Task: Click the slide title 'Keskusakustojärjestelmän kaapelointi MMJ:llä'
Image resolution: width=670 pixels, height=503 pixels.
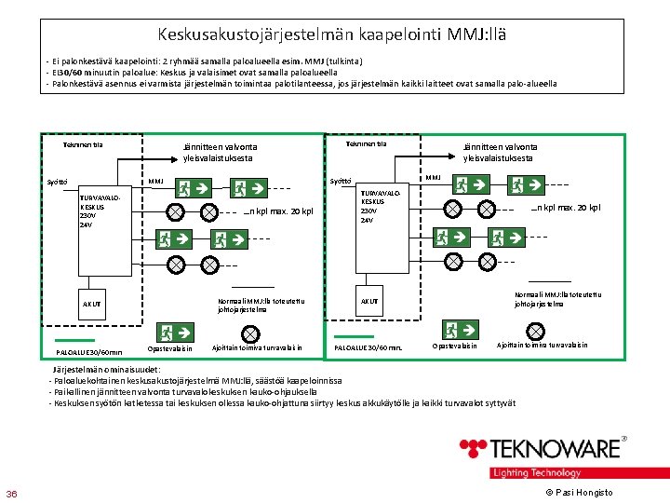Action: [333, 35]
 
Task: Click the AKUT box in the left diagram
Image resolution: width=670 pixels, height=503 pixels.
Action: [91, 303]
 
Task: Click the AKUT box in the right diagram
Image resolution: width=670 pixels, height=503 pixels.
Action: [370, 301]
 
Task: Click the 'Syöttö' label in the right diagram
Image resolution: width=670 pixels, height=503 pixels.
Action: [341, 181]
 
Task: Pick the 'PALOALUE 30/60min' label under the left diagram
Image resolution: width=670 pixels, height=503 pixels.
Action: [89, 353]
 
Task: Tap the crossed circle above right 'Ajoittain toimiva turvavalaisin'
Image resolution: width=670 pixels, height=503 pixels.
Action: [536, 329]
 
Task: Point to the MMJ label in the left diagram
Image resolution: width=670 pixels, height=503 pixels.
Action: [155, 181]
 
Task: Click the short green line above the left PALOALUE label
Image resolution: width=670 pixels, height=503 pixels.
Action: [74, 340]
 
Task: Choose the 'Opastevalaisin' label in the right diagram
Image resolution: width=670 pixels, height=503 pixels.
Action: [454, 347]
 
